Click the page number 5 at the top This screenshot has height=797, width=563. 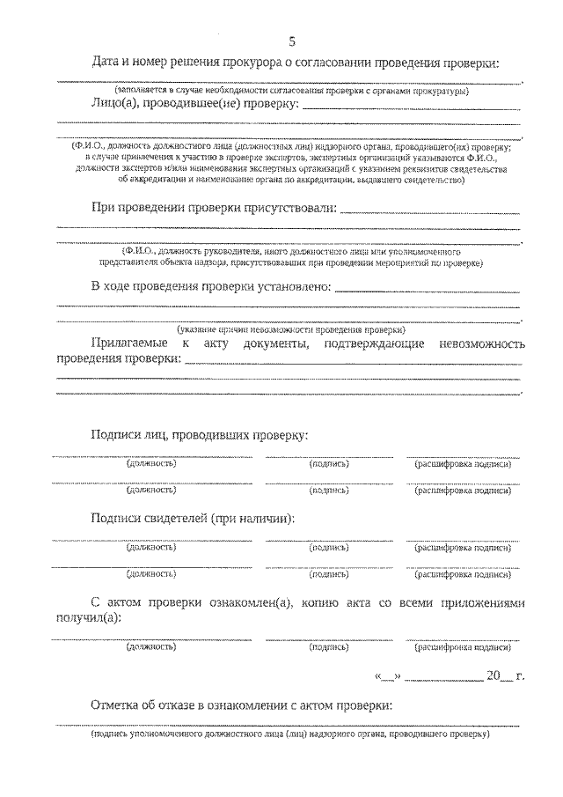click(291, 43)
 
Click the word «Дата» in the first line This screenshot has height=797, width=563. click(107, 63)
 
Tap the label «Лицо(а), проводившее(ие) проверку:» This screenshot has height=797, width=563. click(194, 105)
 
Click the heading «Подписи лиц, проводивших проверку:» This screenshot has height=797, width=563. click(199, 435)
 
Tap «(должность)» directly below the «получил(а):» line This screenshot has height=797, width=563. click(151, 647)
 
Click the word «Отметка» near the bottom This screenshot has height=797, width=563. click(116, 705)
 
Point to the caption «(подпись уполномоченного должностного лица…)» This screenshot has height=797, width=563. click(289, 733)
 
